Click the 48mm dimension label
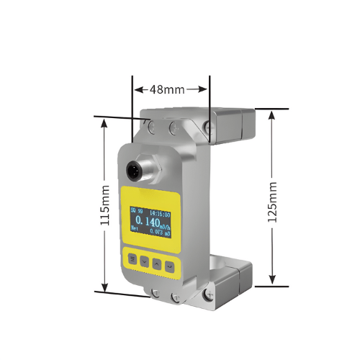[x=168, y=90]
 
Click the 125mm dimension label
[x=272, y=202]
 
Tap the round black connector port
[x=135, y=171]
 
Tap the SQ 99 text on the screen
[x=136, y=213]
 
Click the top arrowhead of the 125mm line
[x=272, y=113]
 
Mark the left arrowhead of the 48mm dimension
[x=137, y=90]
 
